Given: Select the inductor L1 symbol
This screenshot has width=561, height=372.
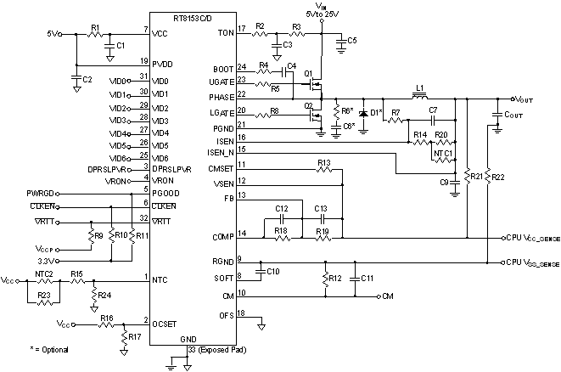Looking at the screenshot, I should [419, 96].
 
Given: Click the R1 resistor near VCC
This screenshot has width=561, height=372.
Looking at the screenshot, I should [95, 35].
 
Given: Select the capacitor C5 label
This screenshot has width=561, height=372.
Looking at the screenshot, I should [352, 40].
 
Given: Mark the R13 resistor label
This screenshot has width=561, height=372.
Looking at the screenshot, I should [323, 162].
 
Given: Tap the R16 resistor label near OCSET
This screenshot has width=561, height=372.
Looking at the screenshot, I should [106, 318].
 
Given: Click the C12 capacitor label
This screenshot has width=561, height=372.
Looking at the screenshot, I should [283, 208].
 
